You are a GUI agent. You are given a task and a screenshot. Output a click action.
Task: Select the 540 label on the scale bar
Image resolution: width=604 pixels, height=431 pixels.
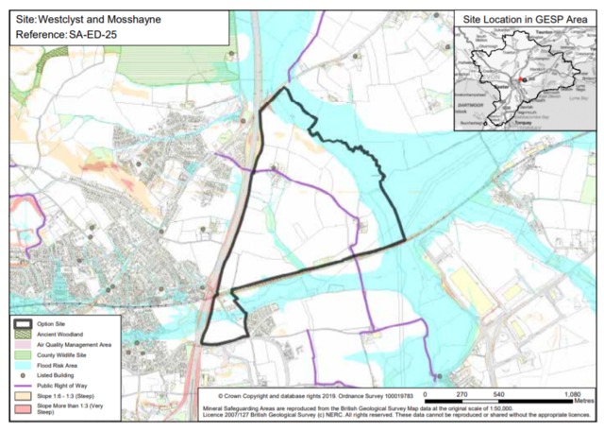(x=498, y=393)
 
